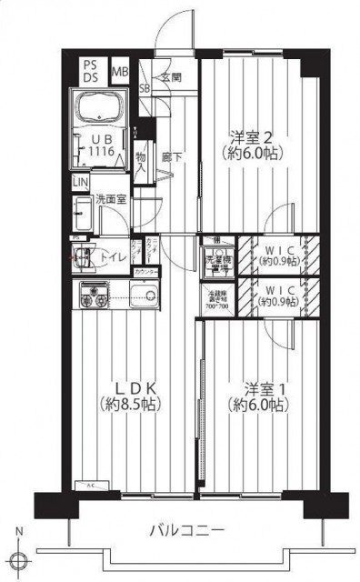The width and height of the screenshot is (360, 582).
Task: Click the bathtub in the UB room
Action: click(102, 110)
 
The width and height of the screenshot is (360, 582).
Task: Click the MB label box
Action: click(120, 70)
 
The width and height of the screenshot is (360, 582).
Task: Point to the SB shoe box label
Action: click(145, 88)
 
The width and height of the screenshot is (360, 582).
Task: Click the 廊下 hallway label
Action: click(169, 156)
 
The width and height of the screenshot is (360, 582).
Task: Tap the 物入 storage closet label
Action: click(141, 162)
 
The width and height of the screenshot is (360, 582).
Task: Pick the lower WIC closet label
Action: click(275, 296)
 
